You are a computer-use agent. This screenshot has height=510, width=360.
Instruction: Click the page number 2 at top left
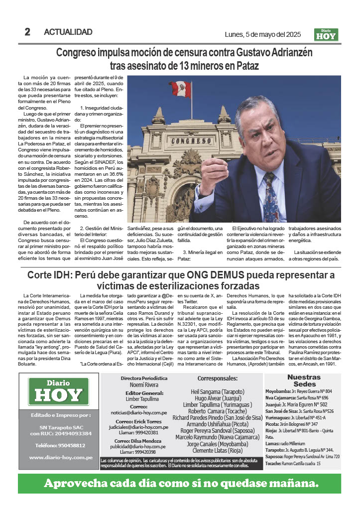tap(27, 32)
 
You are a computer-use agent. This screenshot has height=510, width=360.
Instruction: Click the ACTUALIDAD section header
tap(68, 32)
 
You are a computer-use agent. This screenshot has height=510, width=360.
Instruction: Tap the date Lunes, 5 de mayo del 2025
tap(262, 34)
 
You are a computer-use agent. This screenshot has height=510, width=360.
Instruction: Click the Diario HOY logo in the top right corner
tap(326, 34)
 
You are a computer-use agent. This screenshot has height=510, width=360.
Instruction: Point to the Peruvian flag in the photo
tap(194, 89)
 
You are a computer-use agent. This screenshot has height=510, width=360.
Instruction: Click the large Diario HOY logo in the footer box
tap(58, 392)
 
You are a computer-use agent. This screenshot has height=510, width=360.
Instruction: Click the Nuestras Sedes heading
tap(304, 381)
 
